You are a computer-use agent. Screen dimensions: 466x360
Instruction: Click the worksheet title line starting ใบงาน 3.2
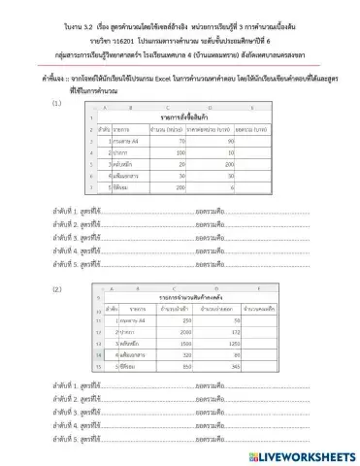point(180,16)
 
